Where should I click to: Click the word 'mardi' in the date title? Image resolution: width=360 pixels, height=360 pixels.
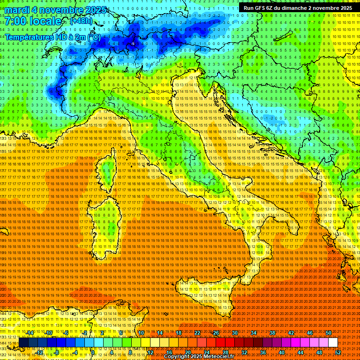point(16,10)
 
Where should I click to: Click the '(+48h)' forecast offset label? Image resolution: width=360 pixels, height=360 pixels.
point(81,21)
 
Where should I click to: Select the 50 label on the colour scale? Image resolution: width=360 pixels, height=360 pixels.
point(328,333)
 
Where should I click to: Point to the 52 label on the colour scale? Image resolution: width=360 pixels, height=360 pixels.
point(338,352)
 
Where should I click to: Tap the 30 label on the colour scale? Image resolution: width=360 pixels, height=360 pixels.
point(235,333)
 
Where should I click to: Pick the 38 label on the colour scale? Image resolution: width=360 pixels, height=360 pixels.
point(272,333)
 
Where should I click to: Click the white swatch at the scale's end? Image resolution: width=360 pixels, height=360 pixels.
point(333,343)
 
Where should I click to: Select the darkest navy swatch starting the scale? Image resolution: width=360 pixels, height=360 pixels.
point(23,343)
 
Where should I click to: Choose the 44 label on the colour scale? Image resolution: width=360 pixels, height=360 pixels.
point(300,352)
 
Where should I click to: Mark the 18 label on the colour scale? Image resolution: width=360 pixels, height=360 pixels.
point(179,333)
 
